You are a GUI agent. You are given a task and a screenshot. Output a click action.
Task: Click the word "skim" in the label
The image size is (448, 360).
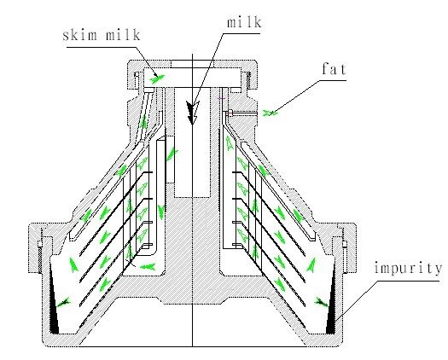pyautogui.click(x=80, y=35)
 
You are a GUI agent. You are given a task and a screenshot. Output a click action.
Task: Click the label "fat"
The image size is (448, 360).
pyautogui.click(x=334, y=69)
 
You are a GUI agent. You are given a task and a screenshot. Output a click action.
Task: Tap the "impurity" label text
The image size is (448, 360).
pyautogui.click(x=408, y=268)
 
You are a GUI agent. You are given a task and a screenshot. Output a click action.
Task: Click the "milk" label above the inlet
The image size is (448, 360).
pyautogui.click(x=244, y=22)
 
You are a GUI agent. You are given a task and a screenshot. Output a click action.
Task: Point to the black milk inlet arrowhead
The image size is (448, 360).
pyautogui.click(x=191, y=112)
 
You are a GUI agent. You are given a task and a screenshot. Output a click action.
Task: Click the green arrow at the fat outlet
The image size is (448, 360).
pyautogui.click(x=270, y=113)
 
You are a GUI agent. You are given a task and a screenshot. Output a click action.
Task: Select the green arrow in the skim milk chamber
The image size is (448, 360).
pyautogui.click(x=157, y=78)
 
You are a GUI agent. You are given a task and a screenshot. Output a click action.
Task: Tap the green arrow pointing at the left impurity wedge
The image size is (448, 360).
pyautogui.click(x=63, y=303)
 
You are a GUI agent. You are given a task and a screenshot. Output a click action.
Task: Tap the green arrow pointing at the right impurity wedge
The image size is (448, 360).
pyautogui.click(x=322, y=302)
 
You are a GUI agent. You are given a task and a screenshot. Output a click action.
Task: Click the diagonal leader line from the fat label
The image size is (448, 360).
pyautogui.click(x=296, y=96)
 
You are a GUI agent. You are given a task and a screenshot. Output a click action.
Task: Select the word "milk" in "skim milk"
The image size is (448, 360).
pyautogui.click(x=123, y=35)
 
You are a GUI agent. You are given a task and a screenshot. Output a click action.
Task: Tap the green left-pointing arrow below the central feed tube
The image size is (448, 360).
pyautogui.click(x=148, y=266)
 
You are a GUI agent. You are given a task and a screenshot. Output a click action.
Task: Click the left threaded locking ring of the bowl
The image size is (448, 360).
pyautogui.click(x=40, y=247)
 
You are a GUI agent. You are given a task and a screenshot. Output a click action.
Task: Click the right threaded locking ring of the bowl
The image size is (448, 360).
pyautogui.click(x=346, y=247)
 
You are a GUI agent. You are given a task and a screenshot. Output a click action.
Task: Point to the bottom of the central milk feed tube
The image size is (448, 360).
pyautogui.click(x=192, y=196)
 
